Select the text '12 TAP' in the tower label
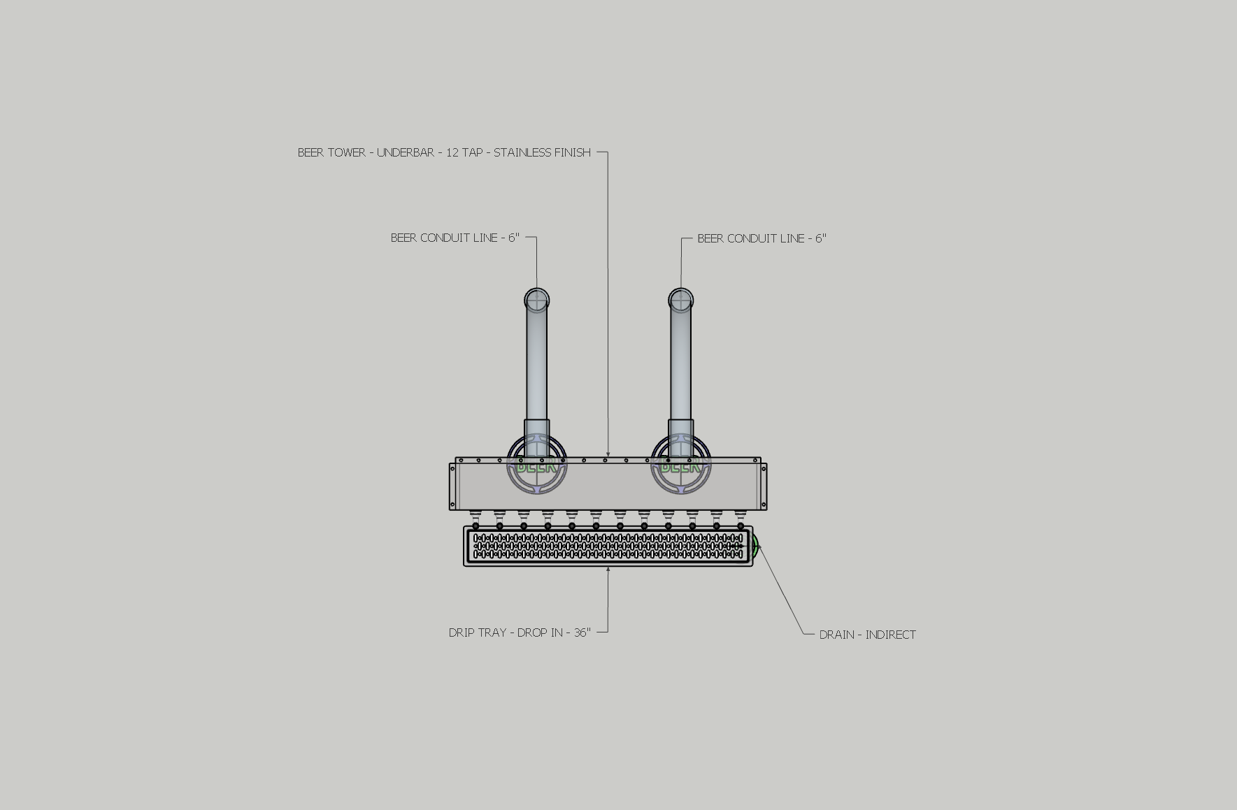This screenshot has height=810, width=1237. [x=464, y=152]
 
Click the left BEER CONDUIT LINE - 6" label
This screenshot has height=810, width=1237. [x=455, y=238]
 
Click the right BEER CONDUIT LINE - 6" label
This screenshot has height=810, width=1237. [x=761, y=238]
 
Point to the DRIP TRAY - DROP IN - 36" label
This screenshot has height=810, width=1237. [x=520, y=632]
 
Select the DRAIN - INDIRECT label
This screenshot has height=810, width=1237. [x=867, y=635]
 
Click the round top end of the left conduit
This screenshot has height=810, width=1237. [x=537, y=301]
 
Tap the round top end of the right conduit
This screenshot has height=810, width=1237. [x=680, y=301]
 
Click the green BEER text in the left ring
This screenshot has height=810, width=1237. [x=537, y=467]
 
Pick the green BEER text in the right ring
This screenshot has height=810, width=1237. [x=680, y=467]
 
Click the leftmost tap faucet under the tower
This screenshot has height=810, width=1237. [x=476, y=521]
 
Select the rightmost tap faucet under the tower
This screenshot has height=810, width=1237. [x=741, y=521]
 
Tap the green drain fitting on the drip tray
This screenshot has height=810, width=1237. [x=755, y=545]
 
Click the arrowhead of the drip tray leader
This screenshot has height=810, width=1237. [x=608, y=570]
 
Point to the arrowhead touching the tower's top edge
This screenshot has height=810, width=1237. [x=608, y=455]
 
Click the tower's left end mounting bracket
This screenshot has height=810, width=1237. [x=452, y=486]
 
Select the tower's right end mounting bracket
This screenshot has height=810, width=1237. [x=764, y=486]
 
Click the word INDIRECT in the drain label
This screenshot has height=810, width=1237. [x=890, y=635]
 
